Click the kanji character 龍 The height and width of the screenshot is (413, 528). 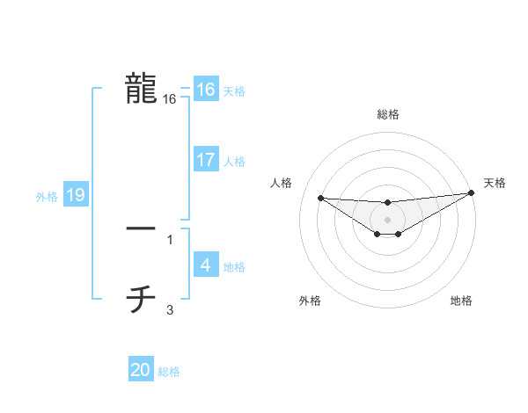coord(141,89)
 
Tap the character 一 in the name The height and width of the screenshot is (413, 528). coord(141,228)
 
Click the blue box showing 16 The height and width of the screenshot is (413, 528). coord(205,90)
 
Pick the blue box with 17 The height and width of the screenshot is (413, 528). coord(205,160)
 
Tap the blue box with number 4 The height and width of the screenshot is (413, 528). coord(205,265)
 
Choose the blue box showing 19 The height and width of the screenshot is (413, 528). coord(76,195)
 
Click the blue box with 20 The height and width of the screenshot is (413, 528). coord(141,370)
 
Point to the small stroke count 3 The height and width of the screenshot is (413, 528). coord(170,309)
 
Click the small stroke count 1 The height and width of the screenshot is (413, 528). coord(170,239)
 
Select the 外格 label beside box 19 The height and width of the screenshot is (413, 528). coord(47,197)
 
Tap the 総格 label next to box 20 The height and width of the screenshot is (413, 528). coord(169,372)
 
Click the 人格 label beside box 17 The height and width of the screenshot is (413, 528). coord(234,162)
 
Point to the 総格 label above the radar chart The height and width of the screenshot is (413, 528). coord(387,114)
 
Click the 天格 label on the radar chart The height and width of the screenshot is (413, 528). coord(495,183)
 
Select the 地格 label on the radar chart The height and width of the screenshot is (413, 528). coord(461,301)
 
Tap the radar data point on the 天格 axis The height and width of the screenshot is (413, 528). coord(471,193)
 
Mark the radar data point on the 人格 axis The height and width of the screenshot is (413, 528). coord(320,198)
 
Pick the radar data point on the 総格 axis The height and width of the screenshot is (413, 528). coord(387,203)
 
